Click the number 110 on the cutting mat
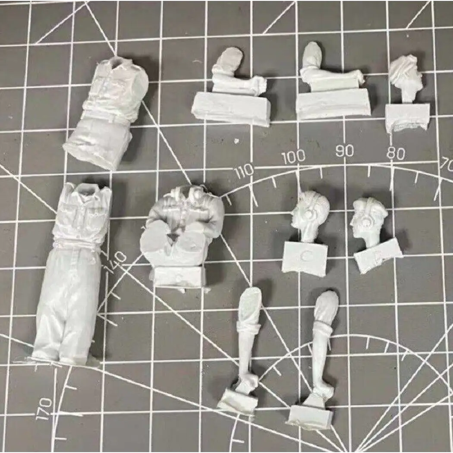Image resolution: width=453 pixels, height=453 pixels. point(244,171)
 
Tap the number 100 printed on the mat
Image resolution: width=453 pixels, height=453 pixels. point(293,157)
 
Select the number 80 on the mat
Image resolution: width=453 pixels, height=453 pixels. point(396,153)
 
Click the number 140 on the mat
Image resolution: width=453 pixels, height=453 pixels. point(115,262)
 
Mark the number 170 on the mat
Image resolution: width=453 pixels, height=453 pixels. point(44,409)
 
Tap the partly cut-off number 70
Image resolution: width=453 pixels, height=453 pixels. point(447,165)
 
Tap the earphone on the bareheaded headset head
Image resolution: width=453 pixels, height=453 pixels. point(309,214)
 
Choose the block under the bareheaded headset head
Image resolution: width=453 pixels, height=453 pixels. point(305,258)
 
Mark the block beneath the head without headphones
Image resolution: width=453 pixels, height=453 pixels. point(407,117)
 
